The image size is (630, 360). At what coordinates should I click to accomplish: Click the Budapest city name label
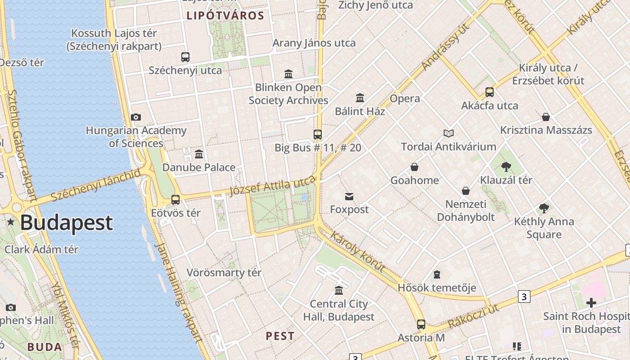[x=66, y=223]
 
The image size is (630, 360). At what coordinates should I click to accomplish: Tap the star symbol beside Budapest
[x=11, y=222]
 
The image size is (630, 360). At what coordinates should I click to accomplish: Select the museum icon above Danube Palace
[x=199, y=154]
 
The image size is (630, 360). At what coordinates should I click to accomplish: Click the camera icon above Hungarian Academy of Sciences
[x=136, y=117]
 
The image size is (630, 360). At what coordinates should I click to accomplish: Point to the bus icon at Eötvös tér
[x=175, y=199]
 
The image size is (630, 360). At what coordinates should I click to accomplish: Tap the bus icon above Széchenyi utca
[x=185, y=57]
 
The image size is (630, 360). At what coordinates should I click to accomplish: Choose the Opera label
[x=405, y=99]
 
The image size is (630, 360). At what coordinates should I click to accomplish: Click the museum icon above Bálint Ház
[x=360, y=98]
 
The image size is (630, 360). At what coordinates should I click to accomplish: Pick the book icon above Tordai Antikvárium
[x=449, y=133]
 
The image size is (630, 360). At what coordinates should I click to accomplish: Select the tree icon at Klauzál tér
[x=506, y=167]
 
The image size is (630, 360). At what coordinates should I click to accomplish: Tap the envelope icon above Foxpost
[x=349, y=196]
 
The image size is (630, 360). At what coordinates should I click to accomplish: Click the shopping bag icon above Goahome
[x=414, y=167]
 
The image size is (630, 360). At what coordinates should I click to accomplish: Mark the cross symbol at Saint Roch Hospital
[x=591, y=303]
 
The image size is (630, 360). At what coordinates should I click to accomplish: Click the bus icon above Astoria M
[x=421, y=324]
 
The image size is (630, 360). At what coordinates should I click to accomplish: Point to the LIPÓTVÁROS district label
[x=225, y=16]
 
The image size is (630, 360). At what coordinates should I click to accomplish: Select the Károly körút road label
[x=358, y=252]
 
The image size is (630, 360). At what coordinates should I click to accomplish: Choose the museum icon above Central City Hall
[x=339, y=291]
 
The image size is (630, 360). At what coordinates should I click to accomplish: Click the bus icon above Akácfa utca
[x=490, y=92]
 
